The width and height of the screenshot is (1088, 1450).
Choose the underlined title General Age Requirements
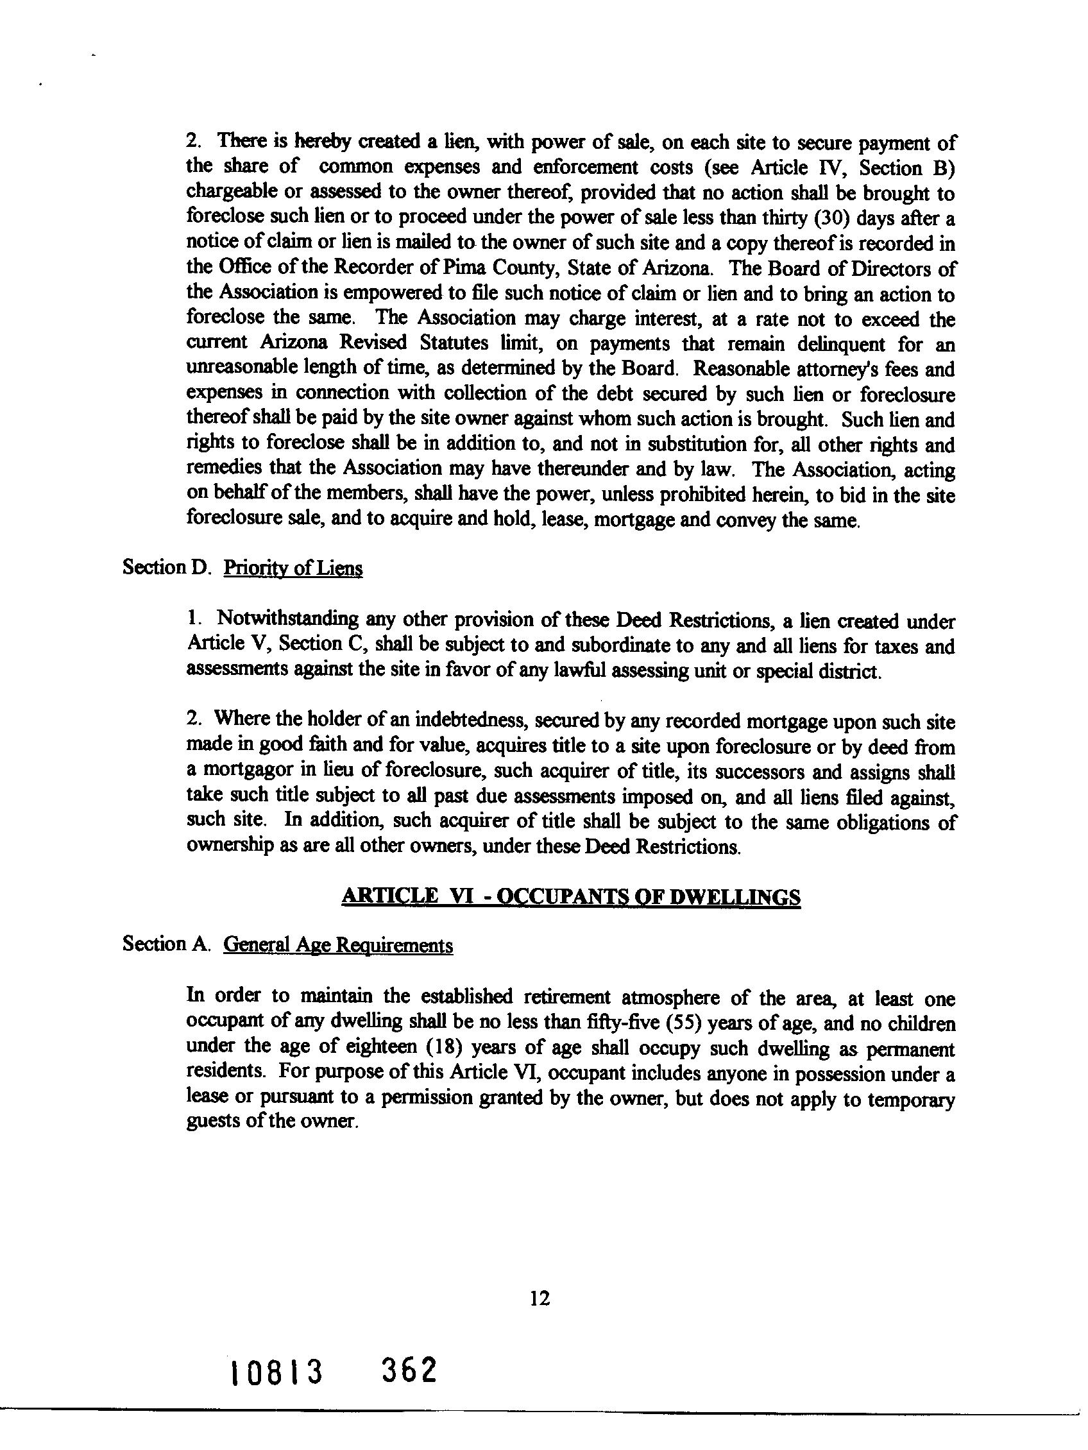[337, 945]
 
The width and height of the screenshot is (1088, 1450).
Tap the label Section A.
[165, 944]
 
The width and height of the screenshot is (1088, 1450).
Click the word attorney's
[827, 369]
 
